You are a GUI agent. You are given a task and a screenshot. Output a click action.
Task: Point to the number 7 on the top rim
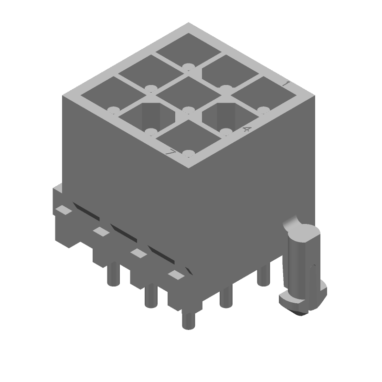170,153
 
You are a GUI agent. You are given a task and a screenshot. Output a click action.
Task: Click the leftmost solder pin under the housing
113,275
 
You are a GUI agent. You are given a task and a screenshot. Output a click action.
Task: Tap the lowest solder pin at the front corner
188,320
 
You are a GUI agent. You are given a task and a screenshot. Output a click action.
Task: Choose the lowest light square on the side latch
176,275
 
